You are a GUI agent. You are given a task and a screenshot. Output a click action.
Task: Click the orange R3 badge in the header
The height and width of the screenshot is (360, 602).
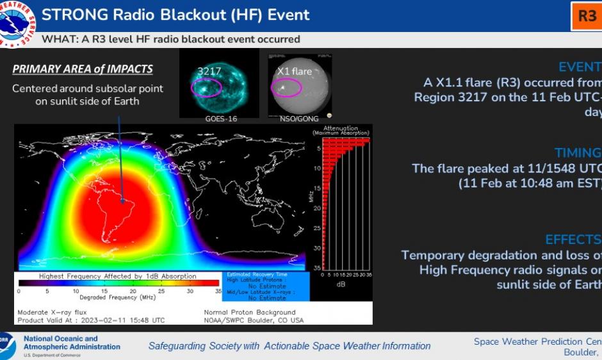coord(587,16)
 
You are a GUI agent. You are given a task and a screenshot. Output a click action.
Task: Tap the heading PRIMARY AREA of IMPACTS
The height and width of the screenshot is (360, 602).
coord(83,69)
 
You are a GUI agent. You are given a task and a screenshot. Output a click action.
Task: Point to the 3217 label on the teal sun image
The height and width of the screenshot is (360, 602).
coord(209,71)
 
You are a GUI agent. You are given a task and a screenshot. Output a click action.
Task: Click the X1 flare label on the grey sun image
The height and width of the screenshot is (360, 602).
coord(294,71)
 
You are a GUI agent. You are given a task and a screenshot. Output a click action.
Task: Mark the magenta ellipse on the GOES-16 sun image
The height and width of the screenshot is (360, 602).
coord(206,87)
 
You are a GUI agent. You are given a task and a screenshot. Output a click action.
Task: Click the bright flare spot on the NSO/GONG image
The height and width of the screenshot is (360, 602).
coord(281,87)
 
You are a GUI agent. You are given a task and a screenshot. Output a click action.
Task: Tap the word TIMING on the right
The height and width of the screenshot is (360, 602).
coord(578,153)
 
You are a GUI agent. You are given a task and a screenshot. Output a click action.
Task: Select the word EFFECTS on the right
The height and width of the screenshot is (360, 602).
coord(573,240)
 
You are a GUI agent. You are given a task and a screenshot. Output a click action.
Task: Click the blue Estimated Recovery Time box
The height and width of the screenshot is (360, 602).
coord(265,286)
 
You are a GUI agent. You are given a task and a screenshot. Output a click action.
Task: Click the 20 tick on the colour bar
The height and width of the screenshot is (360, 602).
coord(133,291)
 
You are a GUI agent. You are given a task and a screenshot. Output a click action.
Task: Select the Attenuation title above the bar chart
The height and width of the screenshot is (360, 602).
coord(341,127)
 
